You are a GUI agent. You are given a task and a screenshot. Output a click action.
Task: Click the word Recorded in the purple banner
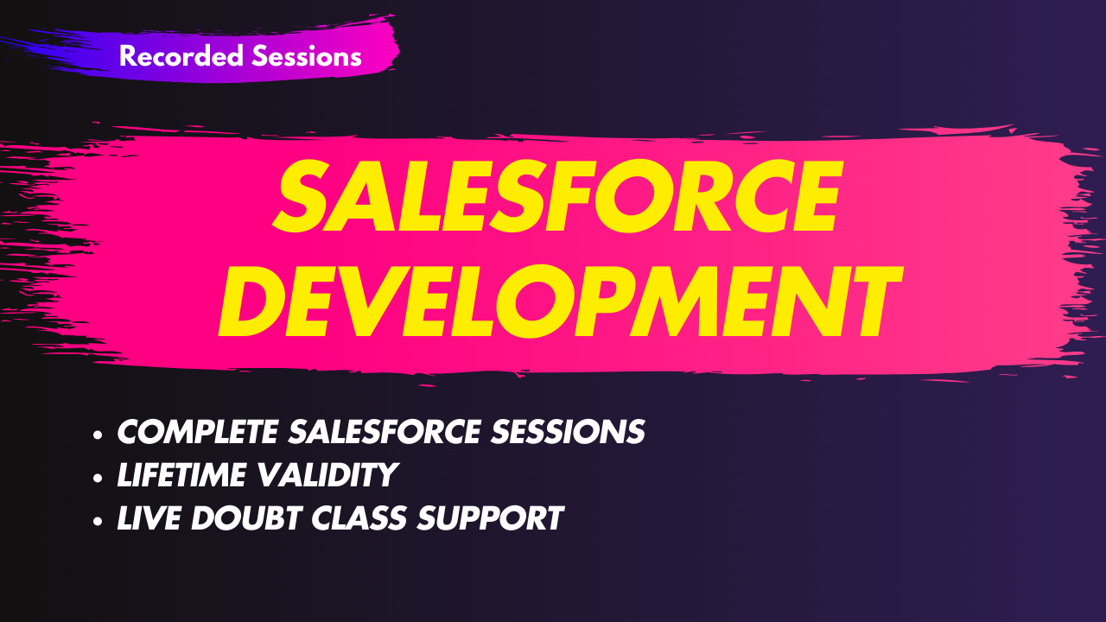coord(181,56)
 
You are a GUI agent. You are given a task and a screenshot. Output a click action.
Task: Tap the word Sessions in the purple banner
coord(307,56)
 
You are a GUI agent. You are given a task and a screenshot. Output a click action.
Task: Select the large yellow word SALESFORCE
coord(557,195)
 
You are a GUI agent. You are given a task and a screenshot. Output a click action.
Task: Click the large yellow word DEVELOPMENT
coord(561,301)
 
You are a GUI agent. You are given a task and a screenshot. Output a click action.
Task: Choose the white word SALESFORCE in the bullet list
coord(385,431)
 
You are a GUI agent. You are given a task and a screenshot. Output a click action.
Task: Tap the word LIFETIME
coord(181,475)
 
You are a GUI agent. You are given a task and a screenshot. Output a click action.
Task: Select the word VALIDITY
coord(327,475)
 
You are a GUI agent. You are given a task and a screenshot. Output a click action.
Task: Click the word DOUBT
coord(246,517)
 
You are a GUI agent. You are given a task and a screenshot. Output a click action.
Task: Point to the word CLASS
coord(359,517)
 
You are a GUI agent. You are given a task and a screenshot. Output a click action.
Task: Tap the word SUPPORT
coord(490,517)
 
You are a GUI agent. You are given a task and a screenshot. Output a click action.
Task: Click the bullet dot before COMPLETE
coord(98,435)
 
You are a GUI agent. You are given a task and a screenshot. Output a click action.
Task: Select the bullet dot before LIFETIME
coord(98,479)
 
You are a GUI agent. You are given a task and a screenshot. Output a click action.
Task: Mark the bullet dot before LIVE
coord(98,521)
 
